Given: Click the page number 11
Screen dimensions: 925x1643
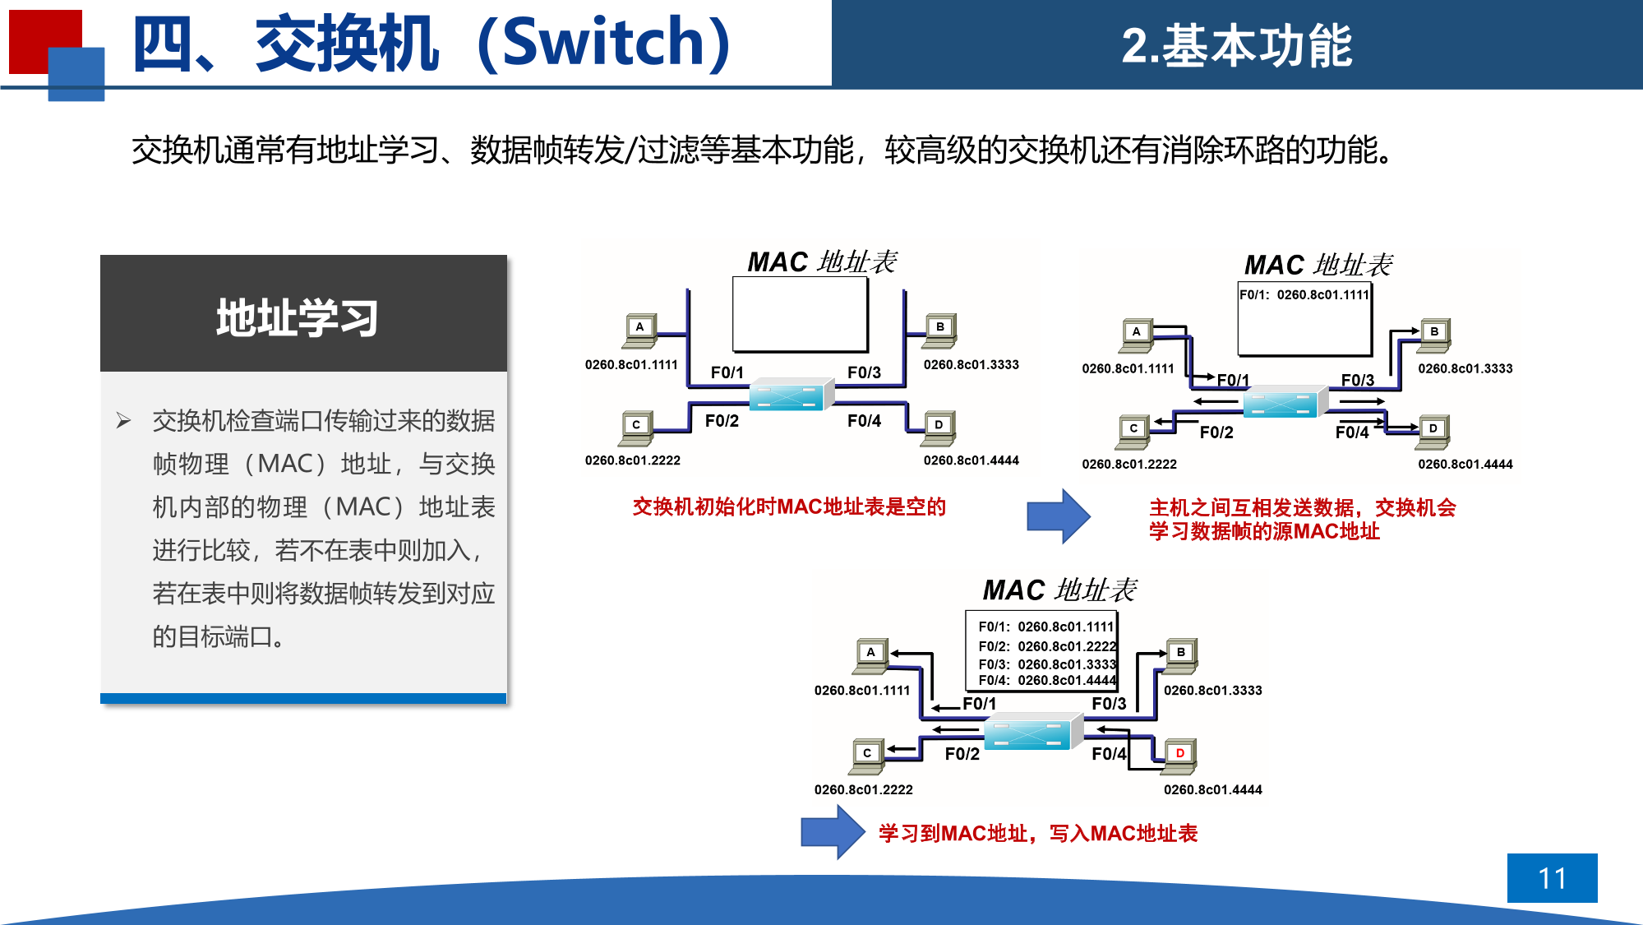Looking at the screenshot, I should click(x=1552, y=878).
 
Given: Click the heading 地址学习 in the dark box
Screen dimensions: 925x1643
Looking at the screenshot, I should click(x=297, y=317).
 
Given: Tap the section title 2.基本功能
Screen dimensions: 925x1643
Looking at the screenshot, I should click(x=1236, y=45).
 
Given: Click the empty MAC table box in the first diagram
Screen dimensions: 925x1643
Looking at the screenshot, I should click(x=800, y=314).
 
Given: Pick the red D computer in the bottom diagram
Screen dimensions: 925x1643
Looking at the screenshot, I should click(x=1179, y=755).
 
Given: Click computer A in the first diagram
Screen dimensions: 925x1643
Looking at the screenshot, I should click(x=639, y=330).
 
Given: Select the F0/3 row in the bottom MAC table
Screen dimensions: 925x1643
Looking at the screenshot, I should click(x=1046, y=664).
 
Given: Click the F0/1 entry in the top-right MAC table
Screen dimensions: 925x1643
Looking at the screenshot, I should click(x=1304, y=294).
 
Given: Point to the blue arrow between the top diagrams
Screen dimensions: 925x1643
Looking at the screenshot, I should click(x=1058, y=516).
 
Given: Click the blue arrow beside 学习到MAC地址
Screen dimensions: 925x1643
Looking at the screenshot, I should click(x=832, y=832).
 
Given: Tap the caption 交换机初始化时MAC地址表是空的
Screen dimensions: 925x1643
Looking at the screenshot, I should click(x=789, y=506).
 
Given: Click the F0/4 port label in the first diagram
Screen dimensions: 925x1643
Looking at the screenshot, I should click(x=864, y=421).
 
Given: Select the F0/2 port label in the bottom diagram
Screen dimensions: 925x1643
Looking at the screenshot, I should click(x=962, y=754).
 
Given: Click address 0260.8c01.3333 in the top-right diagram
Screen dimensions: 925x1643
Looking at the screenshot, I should click(x=1465, y=368).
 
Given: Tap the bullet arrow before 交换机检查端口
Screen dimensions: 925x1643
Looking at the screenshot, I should click(x=123, y=421).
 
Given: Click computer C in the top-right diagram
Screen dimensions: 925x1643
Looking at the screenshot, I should click(x=1133, y=431).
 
